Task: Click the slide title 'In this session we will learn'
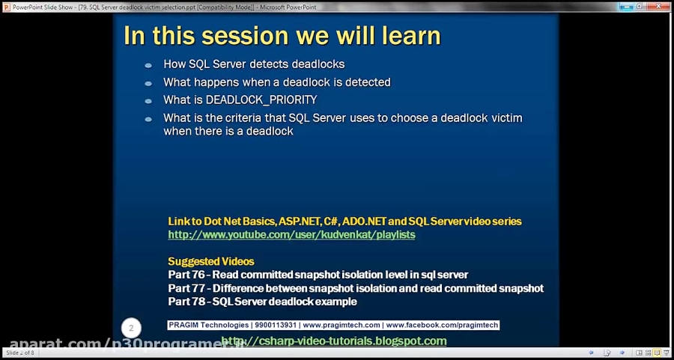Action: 282,35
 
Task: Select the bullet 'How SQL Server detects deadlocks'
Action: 254,64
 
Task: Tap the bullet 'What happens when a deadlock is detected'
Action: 276,82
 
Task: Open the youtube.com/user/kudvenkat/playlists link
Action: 291,234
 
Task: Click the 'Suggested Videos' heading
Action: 210,261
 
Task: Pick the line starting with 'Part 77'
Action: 356,288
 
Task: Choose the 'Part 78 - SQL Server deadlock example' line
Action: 262,302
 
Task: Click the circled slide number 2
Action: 131,328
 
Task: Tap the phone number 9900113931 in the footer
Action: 276,326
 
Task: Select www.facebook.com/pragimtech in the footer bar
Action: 440,326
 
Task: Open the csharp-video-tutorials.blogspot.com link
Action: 334,341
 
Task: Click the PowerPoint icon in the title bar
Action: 7,6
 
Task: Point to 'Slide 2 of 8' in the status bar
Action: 20,353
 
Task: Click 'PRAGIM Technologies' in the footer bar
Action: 208,326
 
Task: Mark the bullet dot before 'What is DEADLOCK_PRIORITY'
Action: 148,100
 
